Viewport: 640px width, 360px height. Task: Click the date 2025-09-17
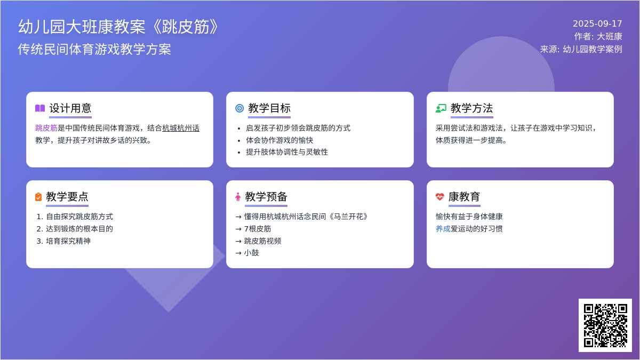pos(597,23)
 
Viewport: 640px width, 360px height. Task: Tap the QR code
pos(605,325)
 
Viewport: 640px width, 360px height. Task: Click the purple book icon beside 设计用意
pos(40,108)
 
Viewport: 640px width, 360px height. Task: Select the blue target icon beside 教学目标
pos(239,108)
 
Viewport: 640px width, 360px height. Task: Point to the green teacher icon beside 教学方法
pos(441,108)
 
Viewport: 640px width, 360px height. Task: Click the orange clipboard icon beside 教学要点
pos(38,197)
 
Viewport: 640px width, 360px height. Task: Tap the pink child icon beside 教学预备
pos(238,197)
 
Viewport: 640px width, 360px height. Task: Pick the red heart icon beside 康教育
pos(440,197)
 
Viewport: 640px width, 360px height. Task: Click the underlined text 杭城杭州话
pos(181,128)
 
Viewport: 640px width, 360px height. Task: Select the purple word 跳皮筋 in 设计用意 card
pos(46,128)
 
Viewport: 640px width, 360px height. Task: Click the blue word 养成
pos(443,229)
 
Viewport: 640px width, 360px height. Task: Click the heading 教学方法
pos(471,108)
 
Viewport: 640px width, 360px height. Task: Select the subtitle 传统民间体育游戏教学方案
pos(94,49)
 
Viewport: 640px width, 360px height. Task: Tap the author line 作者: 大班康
pos(598,36)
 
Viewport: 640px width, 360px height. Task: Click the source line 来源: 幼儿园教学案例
pos(581,49)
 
